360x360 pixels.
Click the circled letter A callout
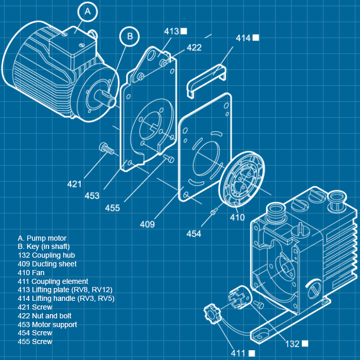(x=88, y=11)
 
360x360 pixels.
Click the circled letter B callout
(x=130, y=36)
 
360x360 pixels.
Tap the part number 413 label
(x=171, y=31)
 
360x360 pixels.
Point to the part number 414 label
(x=243, y=38)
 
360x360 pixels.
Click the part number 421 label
(x=75, y=184)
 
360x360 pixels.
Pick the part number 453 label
(x=92, y=195)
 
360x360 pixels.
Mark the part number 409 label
(x=147, y=224)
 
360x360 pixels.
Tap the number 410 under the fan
(x=237, y=218)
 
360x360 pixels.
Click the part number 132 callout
(x=293, y=344)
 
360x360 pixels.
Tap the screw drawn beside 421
(x=106, y=149)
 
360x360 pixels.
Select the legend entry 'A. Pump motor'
(x=42, y=238)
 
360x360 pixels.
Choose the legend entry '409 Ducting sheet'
(x=47, y=264)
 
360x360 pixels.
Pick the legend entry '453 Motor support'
(x=47, y=325)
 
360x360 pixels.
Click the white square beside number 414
(x=256, y=38)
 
